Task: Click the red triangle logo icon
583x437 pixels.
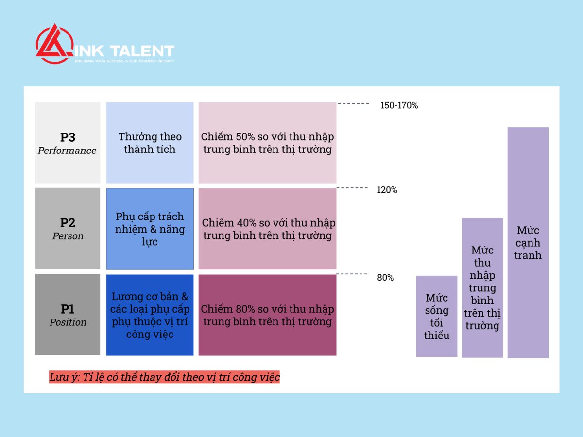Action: click(x=55, y=44)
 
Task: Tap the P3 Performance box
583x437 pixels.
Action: click(x=68, y=143)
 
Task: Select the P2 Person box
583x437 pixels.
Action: click(x=68, y=228)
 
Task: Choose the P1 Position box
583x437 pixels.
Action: click(x=68, y=315)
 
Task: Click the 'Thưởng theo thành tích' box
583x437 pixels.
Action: click(x=150, y=143)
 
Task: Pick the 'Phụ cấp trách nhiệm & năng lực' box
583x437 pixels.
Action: click(x=150, y=229)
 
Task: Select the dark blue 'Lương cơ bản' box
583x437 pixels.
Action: click(x=150, y=315)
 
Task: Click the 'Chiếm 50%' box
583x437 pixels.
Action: click(x=268, y=143)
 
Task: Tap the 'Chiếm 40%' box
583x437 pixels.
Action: click(x=268, y=229)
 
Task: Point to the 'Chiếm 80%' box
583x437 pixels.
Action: click(x=268, y=315)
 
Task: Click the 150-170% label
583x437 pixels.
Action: click(x=399, y=105)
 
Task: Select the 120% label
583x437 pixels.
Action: click(x=387, y=190)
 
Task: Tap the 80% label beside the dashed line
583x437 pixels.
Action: click(x=385, y=278)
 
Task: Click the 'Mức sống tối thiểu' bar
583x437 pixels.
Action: click(x=437, y=316)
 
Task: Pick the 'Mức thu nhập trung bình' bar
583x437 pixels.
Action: click(x=482, y=287)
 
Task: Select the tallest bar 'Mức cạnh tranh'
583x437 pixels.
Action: click(x=528, y=242)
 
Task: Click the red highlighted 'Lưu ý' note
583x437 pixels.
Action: click(x=164, y=377)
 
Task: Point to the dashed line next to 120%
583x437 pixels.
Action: click(x=352, y=188)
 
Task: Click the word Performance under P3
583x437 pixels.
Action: click(x=67, y=151)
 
